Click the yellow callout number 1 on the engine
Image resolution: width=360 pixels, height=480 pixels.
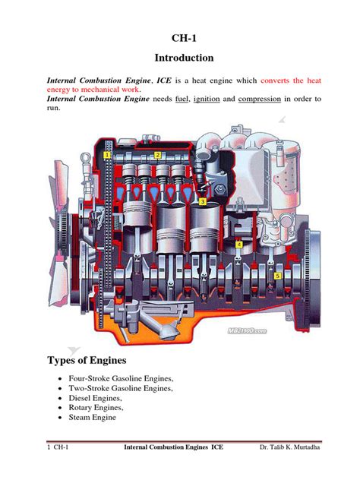click(x=108, y=156)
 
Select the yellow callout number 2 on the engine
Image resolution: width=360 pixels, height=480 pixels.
click(x=158, y=155)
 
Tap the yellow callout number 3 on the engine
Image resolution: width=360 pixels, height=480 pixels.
click(x=203, y=202)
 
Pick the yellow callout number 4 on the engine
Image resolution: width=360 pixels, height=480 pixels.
click(x=239, y=245)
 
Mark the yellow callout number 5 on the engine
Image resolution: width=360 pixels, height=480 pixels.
click(x=278, y=275)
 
